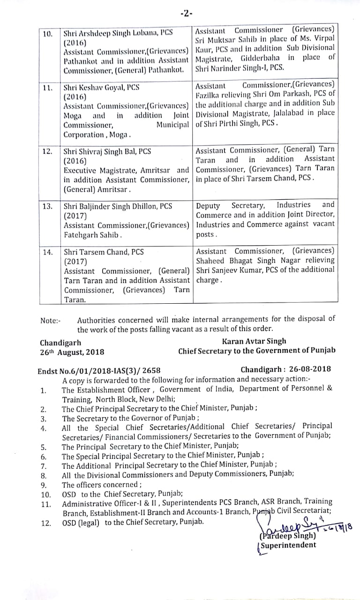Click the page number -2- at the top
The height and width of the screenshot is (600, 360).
pyautogui.click(x=186, y=14)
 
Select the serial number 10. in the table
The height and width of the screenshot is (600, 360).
pyautogui.click(x=48, y=34)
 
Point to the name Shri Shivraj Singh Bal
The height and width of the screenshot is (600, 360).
pyautogui.click(x=101, y=151)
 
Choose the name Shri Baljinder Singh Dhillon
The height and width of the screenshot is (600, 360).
pyautogui.click(x=111, y=206)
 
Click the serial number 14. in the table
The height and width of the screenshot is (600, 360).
pyautogui.click(x=48, y=252)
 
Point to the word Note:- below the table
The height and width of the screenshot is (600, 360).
pyautogui.click(x=51, y=321)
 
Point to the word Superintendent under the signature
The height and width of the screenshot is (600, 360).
pyautogui.click(x=288, y=545)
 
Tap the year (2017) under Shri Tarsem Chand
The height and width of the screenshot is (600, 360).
pyautogui.click(x=75, y=261)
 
